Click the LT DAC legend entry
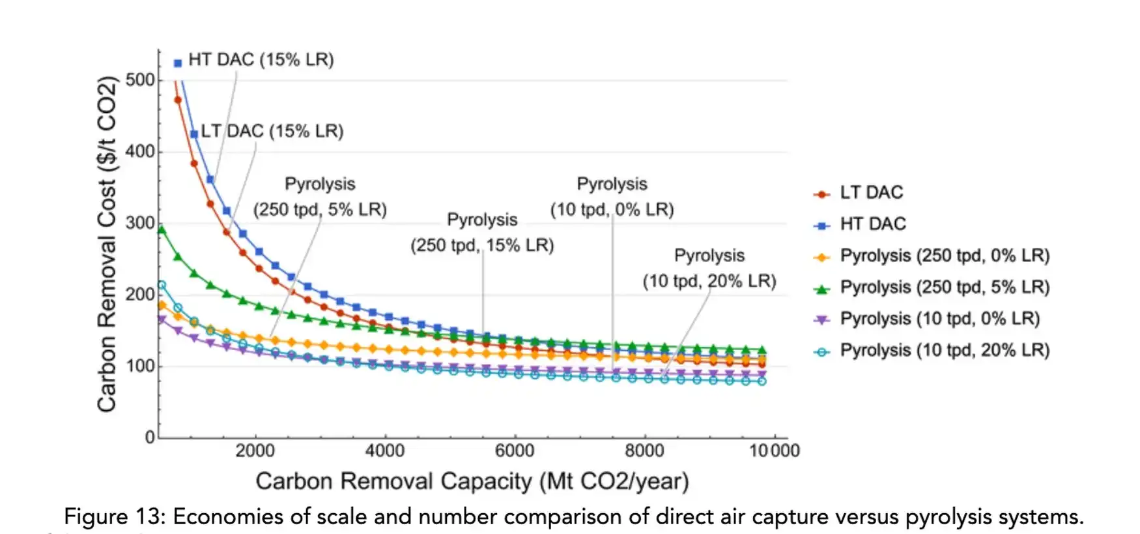point(870,192)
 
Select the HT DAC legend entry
point(872,224)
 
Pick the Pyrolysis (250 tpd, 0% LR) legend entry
point(944,256)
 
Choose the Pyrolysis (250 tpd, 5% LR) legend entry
point(944,287)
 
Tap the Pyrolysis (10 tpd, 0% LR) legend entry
point(939,318)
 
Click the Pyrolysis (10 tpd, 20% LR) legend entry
point(944,350)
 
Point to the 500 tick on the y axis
point(141,80)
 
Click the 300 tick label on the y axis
point(141,223)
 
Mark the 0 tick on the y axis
point(150,437)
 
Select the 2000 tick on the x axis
point(255,451)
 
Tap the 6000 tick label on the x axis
point(515,451)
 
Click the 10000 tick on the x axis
point(774,451)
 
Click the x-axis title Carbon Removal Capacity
point(472,481)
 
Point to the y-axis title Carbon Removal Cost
point(107,245)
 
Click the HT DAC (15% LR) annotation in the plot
point(261,60)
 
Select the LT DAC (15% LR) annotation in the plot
point(272,131)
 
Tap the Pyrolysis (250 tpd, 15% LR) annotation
point(482,233)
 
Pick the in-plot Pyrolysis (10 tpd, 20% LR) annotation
point(709,268)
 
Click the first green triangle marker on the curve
point(162,230)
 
